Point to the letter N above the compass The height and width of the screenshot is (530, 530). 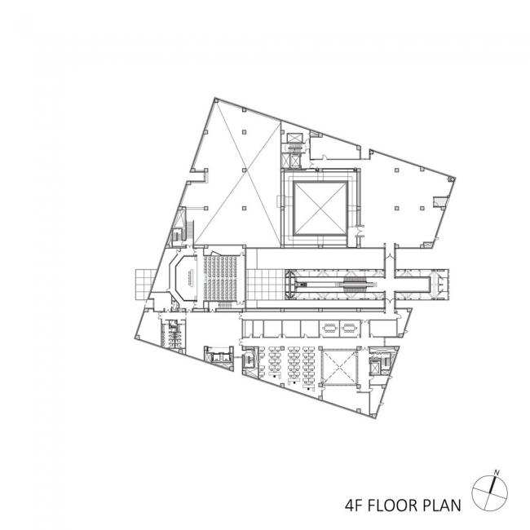(497, 470)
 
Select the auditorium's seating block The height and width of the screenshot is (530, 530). (223, 277)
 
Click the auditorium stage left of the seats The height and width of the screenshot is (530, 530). (182, 277)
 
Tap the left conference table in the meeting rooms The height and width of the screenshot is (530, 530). (331, 330)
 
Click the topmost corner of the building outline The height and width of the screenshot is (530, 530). (214, 99)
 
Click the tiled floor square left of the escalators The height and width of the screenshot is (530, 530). (263, 285)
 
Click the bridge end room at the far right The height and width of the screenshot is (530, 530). (441, 283)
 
